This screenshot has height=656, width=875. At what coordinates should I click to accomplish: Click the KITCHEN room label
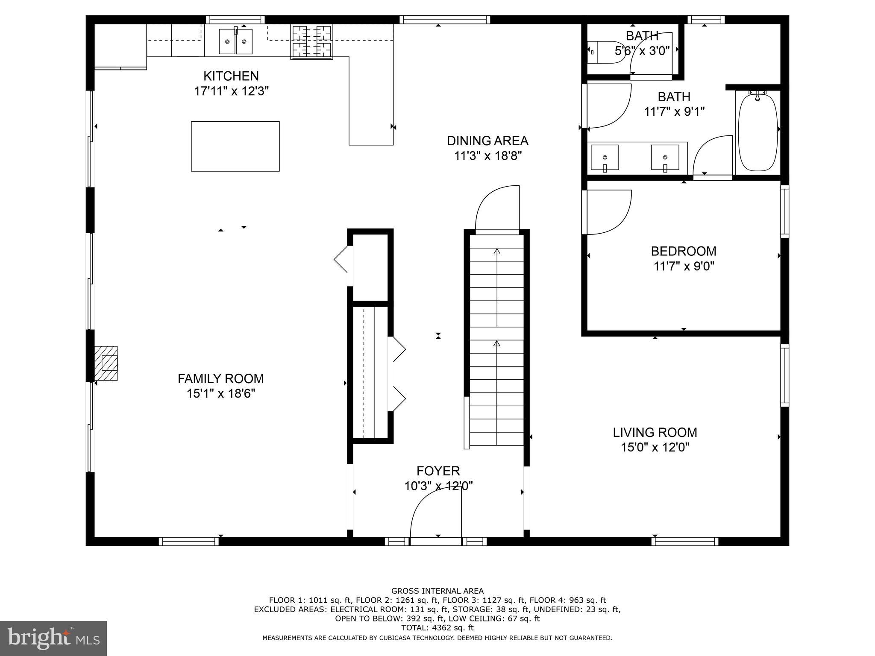point(231,76)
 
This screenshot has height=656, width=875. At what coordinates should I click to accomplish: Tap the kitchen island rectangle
point(235,146)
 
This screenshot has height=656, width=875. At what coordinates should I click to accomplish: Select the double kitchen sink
point(235,41)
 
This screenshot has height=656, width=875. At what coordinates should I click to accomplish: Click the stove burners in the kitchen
point(311,42)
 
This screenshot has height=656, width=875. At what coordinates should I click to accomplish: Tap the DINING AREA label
point(487,141)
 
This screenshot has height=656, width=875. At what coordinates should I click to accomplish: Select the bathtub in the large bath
point(758,132)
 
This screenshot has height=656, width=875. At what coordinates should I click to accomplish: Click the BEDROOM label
point(684,251)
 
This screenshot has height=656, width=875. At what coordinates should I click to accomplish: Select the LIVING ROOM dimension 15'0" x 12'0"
point(655,448)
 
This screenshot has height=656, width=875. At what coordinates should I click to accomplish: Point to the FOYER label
point(438,471)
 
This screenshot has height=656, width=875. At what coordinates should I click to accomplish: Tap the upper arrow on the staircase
point(496,252)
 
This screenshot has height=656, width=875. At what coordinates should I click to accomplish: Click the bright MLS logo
point(53,638)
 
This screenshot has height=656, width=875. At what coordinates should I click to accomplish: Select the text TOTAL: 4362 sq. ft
point(437,628)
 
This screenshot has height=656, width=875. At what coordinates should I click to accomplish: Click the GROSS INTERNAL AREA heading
point(437,591)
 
